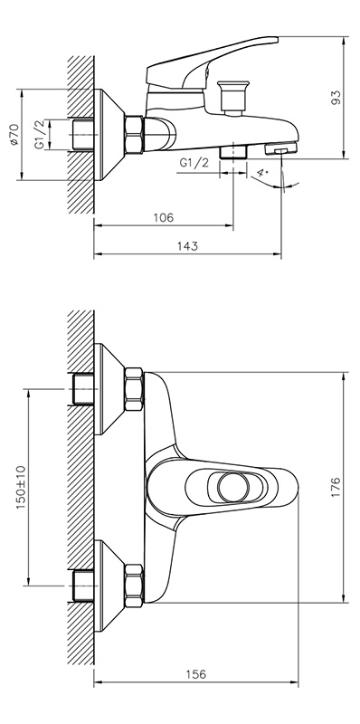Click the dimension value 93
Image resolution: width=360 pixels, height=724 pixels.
click(x=336, y=98)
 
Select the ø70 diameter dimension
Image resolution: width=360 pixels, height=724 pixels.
click(x=14, y=134)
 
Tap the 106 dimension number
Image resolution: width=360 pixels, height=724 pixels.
click(x=164, y=217)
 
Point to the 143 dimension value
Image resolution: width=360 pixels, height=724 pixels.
click(x=187, y=246)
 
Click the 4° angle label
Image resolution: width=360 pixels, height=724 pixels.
click(x=262, y=173)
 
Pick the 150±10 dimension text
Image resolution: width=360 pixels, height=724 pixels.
click(x=21, y=487)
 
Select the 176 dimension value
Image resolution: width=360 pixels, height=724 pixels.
click(x=336, y=487)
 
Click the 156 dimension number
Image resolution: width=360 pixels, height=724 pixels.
click(x=195, y=674)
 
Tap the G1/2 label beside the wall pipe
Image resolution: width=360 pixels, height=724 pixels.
click(x=41, y=134)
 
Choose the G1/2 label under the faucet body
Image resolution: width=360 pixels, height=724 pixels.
click(x=194, y=163)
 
